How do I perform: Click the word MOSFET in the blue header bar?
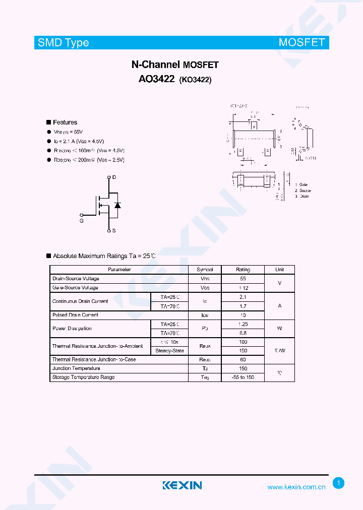point(301,42)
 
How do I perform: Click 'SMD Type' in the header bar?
point(64,43)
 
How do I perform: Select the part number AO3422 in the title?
point(156,79)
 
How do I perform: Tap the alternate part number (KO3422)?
point(195,80)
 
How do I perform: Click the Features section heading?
point(65,122)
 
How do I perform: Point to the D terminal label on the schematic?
point(114,177)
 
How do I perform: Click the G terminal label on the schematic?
point(82,221)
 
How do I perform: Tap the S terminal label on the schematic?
point(114,231)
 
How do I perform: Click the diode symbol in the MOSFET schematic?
point(117,205)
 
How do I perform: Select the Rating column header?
point(243,270)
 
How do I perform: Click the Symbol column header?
point(205,270)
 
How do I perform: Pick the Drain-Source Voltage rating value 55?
point(243,279)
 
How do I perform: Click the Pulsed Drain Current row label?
point(76,315)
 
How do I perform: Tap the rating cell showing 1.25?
point(243,324)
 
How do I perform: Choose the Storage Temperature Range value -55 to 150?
point(243,377)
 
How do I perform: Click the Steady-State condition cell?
point(170,351)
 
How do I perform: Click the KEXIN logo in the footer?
point(182,485)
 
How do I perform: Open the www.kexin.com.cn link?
point(296,487)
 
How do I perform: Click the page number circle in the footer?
point(339,483)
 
